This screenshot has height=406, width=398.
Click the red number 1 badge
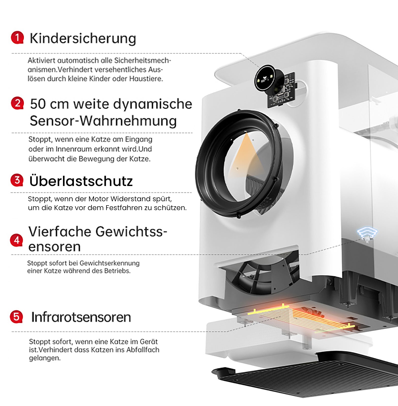point(17,38)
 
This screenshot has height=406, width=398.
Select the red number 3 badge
point(17,180)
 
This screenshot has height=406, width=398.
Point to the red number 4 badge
point(17,240)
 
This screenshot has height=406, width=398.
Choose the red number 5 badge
point(16,317)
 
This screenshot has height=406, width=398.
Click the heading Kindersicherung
point(83,39)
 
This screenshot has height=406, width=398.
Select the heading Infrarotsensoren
point(81,317)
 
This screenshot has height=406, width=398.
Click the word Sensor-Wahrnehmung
point(103,121)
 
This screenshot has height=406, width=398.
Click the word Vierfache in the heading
point(60,231)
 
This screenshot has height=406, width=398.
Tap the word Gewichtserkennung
point(109,263)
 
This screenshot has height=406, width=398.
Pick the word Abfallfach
point(143,350)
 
